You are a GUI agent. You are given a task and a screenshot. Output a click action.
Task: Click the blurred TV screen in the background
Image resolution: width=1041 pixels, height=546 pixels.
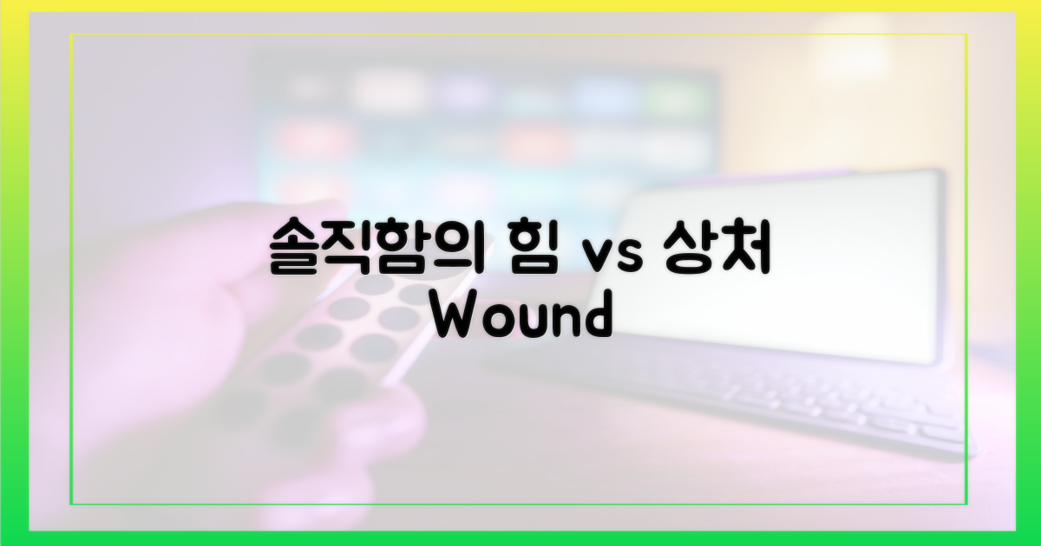click(486, 130)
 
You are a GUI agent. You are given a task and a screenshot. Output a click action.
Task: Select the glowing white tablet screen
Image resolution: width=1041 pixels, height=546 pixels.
click(781, 260)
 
